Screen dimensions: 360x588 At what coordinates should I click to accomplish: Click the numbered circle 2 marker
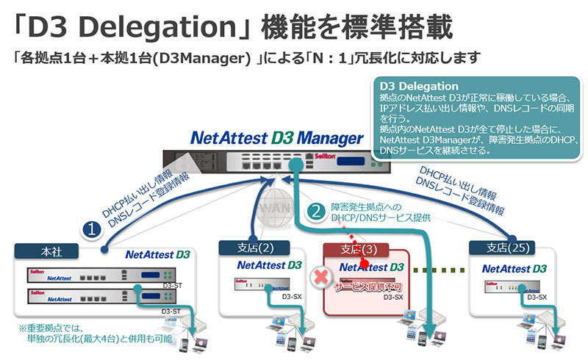(315, 211)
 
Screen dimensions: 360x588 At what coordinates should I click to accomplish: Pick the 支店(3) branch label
(359, 248)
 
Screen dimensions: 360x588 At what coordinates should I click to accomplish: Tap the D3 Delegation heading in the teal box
(420, 87)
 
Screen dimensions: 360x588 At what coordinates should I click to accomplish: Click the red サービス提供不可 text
(365, 284)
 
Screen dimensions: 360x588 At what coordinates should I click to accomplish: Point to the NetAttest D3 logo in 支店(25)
(514, 268)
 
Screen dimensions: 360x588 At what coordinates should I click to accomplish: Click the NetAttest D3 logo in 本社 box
(157, 256)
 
